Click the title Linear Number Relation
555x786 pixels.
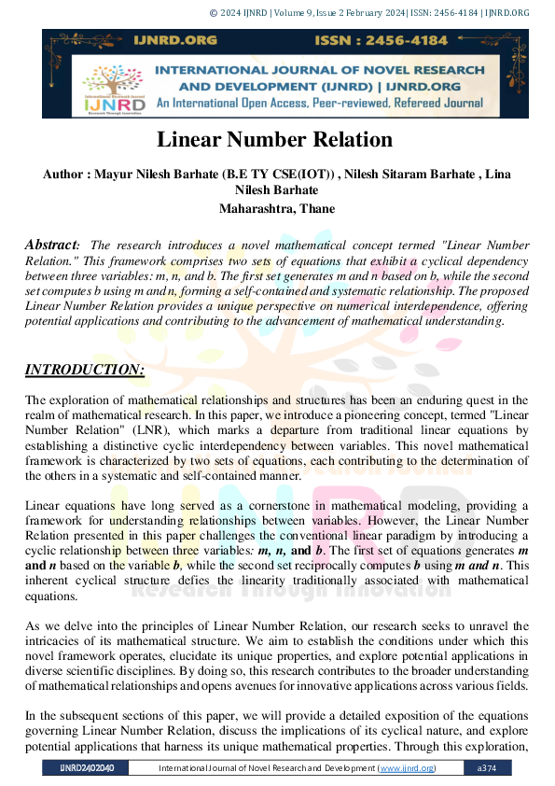coord(274,140)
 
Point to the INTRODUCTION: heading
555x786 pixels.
coord(84,371)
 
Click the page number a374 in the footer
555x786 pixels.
coord(486,768)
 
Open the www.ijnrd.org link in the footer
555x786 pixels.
coord(406,768)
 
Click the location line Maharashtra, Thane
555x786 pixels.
coord(277,208)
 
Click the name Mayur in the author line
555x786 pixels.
coord(116,174)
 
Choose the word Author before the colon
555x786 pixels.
coord(65,174)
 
